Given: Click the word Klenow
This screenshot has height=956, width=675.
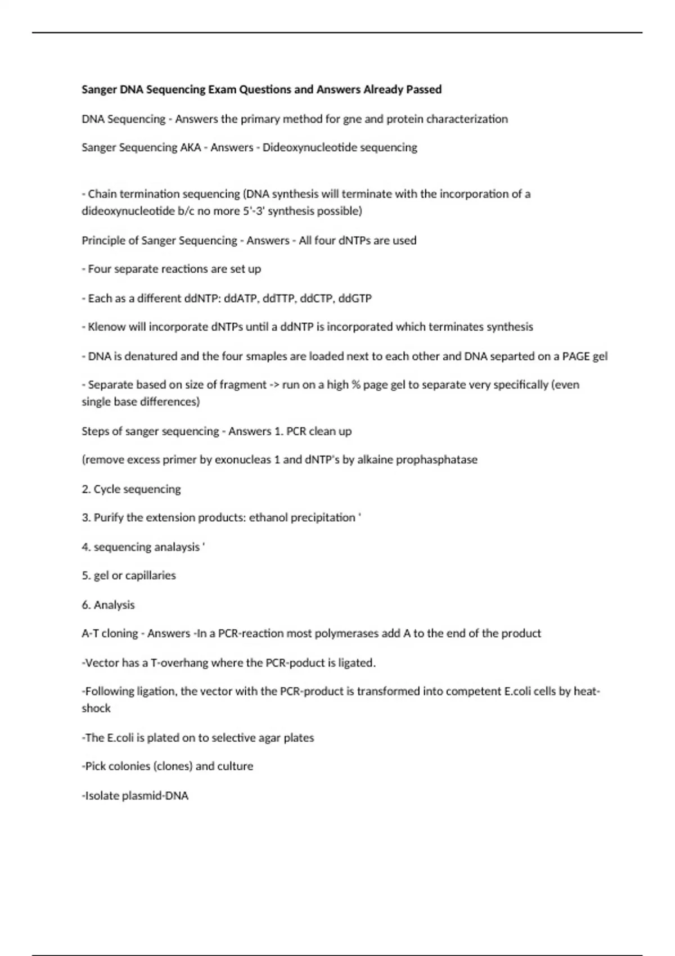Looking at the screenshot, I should pos(107,327).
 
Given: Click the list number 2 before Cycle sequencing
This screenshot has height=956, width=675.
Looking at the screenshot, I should pos(85,489).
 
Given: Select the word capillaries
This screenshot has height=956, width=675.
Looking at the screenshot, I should pos(150,575).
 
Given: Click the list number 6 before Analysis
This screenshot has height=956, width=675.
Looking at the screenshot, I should pos(85,605).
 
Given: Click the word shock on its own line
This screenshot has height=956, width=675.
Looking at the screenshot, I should pos(96,709).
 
